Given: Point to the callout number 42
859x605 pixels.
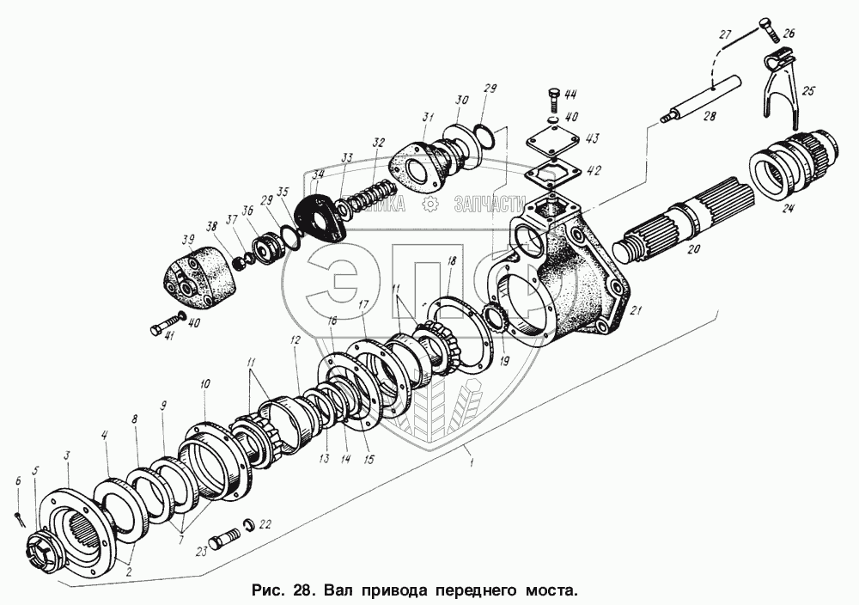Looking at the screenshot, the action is click(594, 169).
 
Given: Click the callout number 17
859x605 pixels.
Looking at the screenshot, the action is click(363, 305).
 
